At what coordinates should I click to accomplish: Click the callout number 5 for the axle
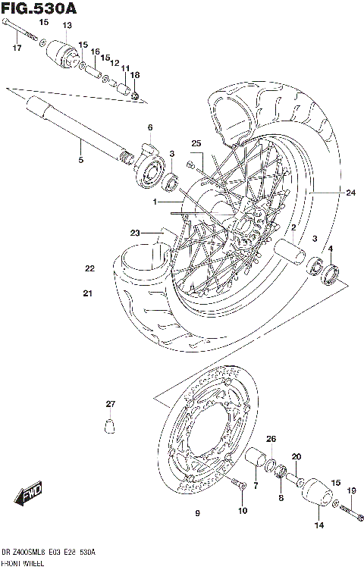[x=80, y=159]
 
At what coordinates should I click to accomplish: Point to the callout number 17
[x=17, y=49]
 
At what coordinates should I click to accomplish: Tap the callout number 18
[x=135, y=75]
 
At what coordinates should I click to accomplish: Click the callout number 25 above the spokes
[x=195, y=144]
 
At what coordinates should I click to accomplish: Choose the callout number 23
[x=135, y=233]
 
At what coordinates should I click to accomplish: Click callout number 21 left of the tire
[x=88, y=293]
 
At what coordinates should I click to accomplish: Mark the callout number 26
[x=271, y=440]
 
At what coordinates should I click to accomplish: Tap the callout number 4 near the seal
[x=330, y=249]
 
